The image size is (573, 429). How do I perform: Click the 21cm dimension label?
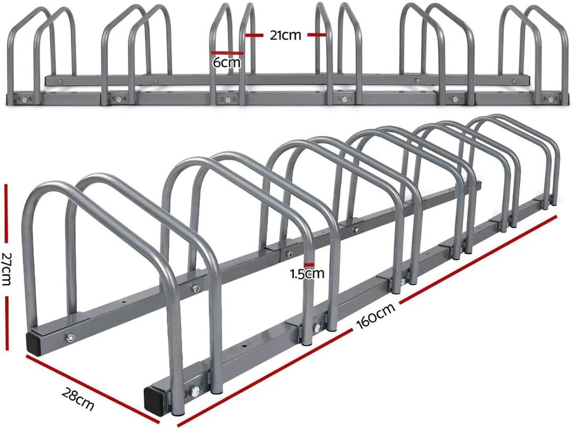tap(286, 36)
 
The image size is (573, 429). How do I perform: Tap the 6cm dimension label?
tap(227, 63)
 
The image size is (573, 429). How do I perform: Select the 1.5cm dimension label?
tap(307, 274)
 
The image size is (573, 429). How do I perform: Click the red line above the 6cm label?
tap(227, 53)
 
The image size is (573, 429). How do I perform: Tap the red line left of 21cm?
tap(256, 35)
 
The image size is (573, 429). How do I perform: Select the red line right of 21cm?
tap(317, 35)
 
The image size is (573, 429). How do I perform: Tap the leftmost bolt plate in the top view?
tap(24, 99)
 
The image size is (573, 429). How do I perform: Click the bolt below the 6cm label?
tap(226, 100)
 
